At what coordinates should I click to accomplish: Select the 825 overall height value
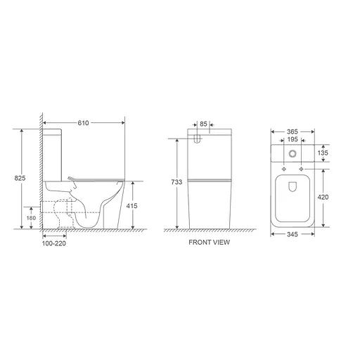(x=20, y=179)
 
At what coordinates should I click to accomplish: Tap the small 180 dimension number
(x=31, y=218)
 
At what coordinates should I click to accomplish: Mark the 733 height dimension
(x=176, y=182)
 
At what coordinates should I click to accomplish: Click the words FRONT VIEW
(x=209, y=243)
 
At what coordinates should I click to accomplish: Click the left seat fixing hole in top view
(x=283, y=169)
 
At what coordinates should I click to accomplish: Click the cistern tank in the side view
(x=56, y=152)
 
